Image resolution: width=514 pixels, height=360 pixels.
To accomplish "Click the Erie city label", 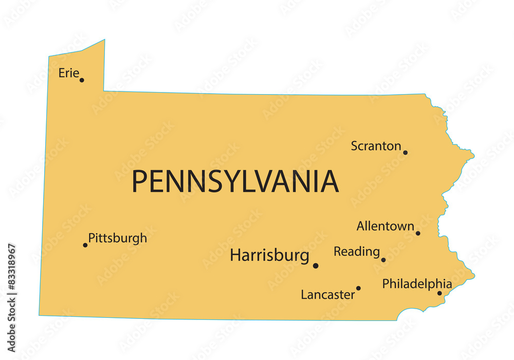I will tap(68, 73).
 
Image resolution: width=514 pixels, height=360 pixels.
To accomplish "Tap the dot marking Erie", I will tap(82, 80).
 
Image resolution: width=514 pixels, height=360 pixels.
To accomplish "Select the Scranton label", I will tap(376, 146).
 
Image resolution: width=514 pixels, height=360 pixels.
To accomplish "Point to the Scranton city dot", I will tap(405, 152).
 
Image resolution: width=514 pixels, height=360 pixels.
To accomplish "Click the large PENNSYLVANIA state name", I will tap(235, 181).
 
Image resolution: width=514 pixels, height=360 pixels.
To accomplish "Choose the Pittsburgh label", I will tap(118, 238).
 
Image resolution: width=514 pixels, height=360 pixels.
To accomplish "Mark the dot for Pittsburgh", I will tap(85, 245).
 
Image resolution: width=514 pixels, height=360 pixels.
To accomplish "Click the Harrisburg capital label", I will tap(269, 255).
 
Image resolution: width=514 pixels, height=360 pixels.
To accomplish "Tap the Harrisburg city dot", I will tap(316, 265).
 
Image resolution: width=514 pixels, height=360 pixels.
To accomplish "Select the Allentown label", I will tap(385, 226).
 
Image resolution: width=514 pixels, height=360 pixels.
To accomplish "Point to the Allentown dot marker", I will tap(418, 233).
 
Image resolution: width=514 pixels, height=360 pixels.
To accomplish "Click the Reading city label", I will tap(357, 251).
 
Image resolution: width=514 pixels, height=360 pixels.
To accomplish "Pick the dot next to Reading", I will tap(383, 260).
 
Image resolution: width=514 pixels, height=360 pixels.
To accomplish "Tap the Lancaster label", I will tap(328, 295).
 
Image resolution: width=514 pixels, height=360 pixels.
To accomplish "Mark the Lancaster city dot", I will tap(358, 288).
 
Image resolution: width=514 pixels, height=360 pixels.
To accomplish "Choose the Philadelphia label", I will tap(417, 284).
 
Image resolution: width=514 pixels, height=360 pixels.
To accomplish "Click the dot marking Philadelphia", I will tap(439, 293).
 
